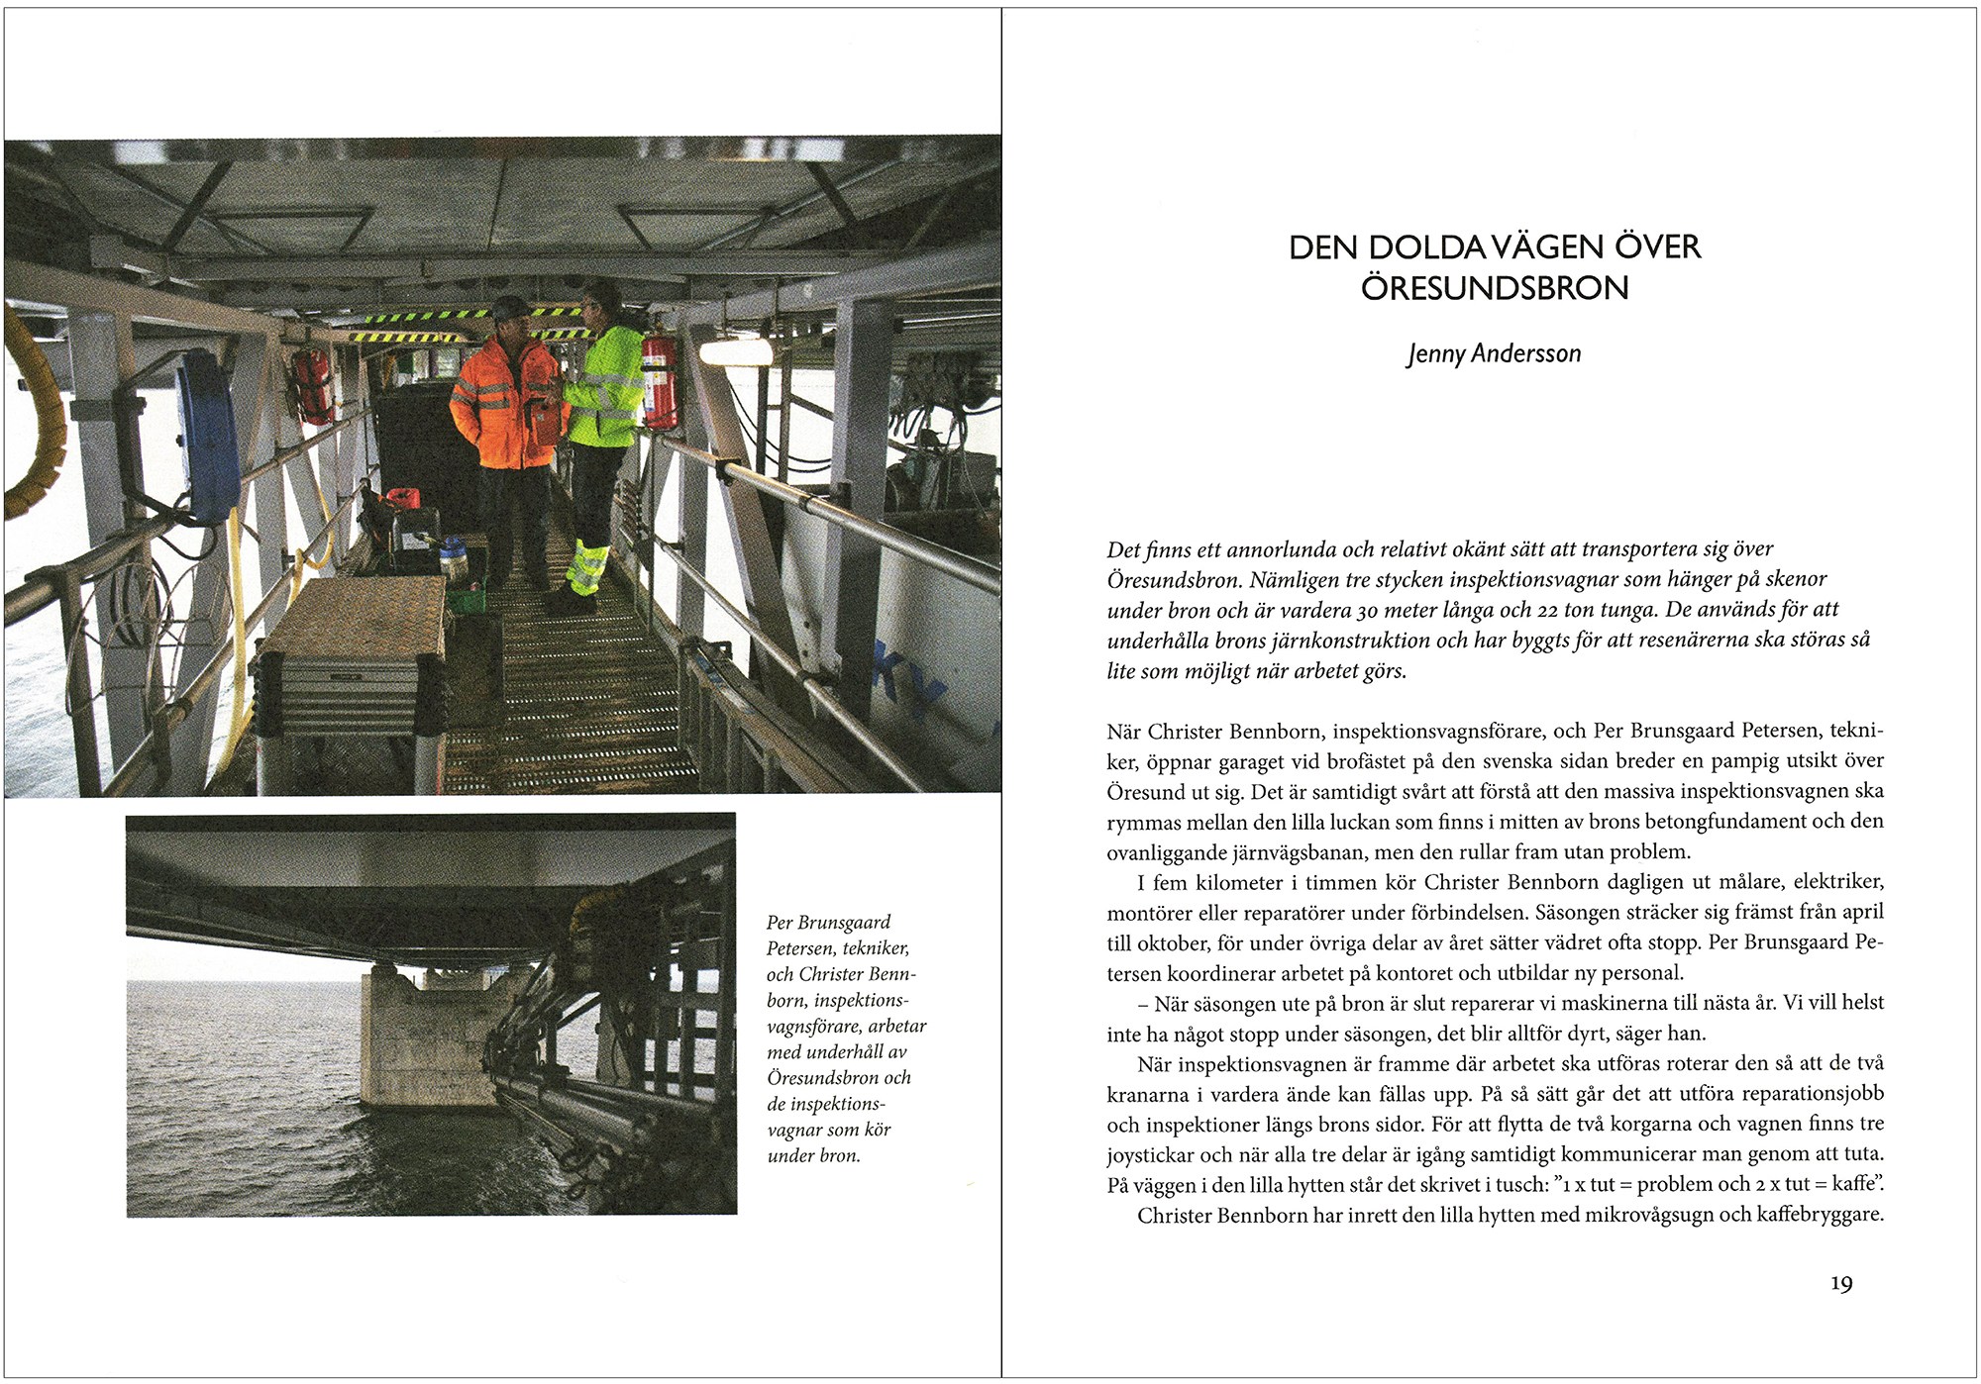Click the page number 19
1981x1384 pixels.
(1840, 1284)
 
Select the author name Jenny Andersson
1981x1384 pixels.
(1494, 353)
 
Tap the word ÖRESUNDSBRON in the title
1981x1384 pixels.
(1494, 288)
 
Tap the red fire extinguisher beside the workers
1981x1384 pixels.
(659, 381)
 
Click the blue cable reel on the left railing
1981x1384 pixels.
(208, 436)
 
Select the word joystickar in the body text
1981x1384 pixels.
(1151, 1154)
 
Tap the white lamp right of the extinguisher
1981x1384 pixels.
(735, 351)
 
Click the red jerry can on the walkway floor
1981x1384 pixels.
(402, 499)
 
